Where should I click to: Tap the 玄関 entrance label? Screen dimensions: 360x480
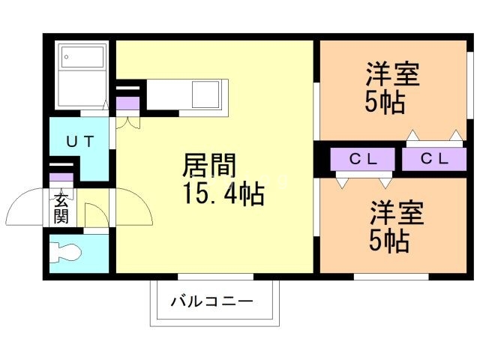click(61, 208)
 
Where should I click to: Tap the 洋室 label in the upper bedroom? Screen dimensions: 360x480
click(392, 76)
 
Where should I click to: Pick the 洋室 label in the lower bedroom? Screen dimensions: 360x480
click(397, 214)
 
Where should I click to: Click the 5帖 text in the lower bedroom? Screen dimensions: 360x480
click(388, 241)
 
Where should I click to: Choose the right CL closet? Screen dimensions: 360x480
click(433, 159)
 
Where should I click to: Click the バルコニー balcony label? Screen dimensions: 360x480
click(211, 303)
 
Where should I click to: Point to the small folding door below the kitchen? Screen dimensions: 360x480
click(127, 122)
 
